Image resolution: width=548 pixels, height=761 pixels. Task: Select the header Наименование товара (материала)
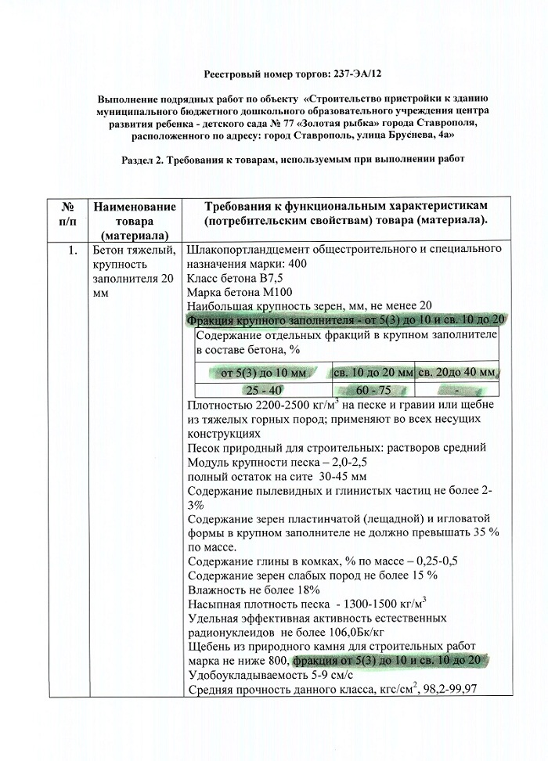point(133,220)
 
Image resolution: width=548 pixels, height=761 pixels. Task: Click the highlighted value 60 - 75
point(373,389)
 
